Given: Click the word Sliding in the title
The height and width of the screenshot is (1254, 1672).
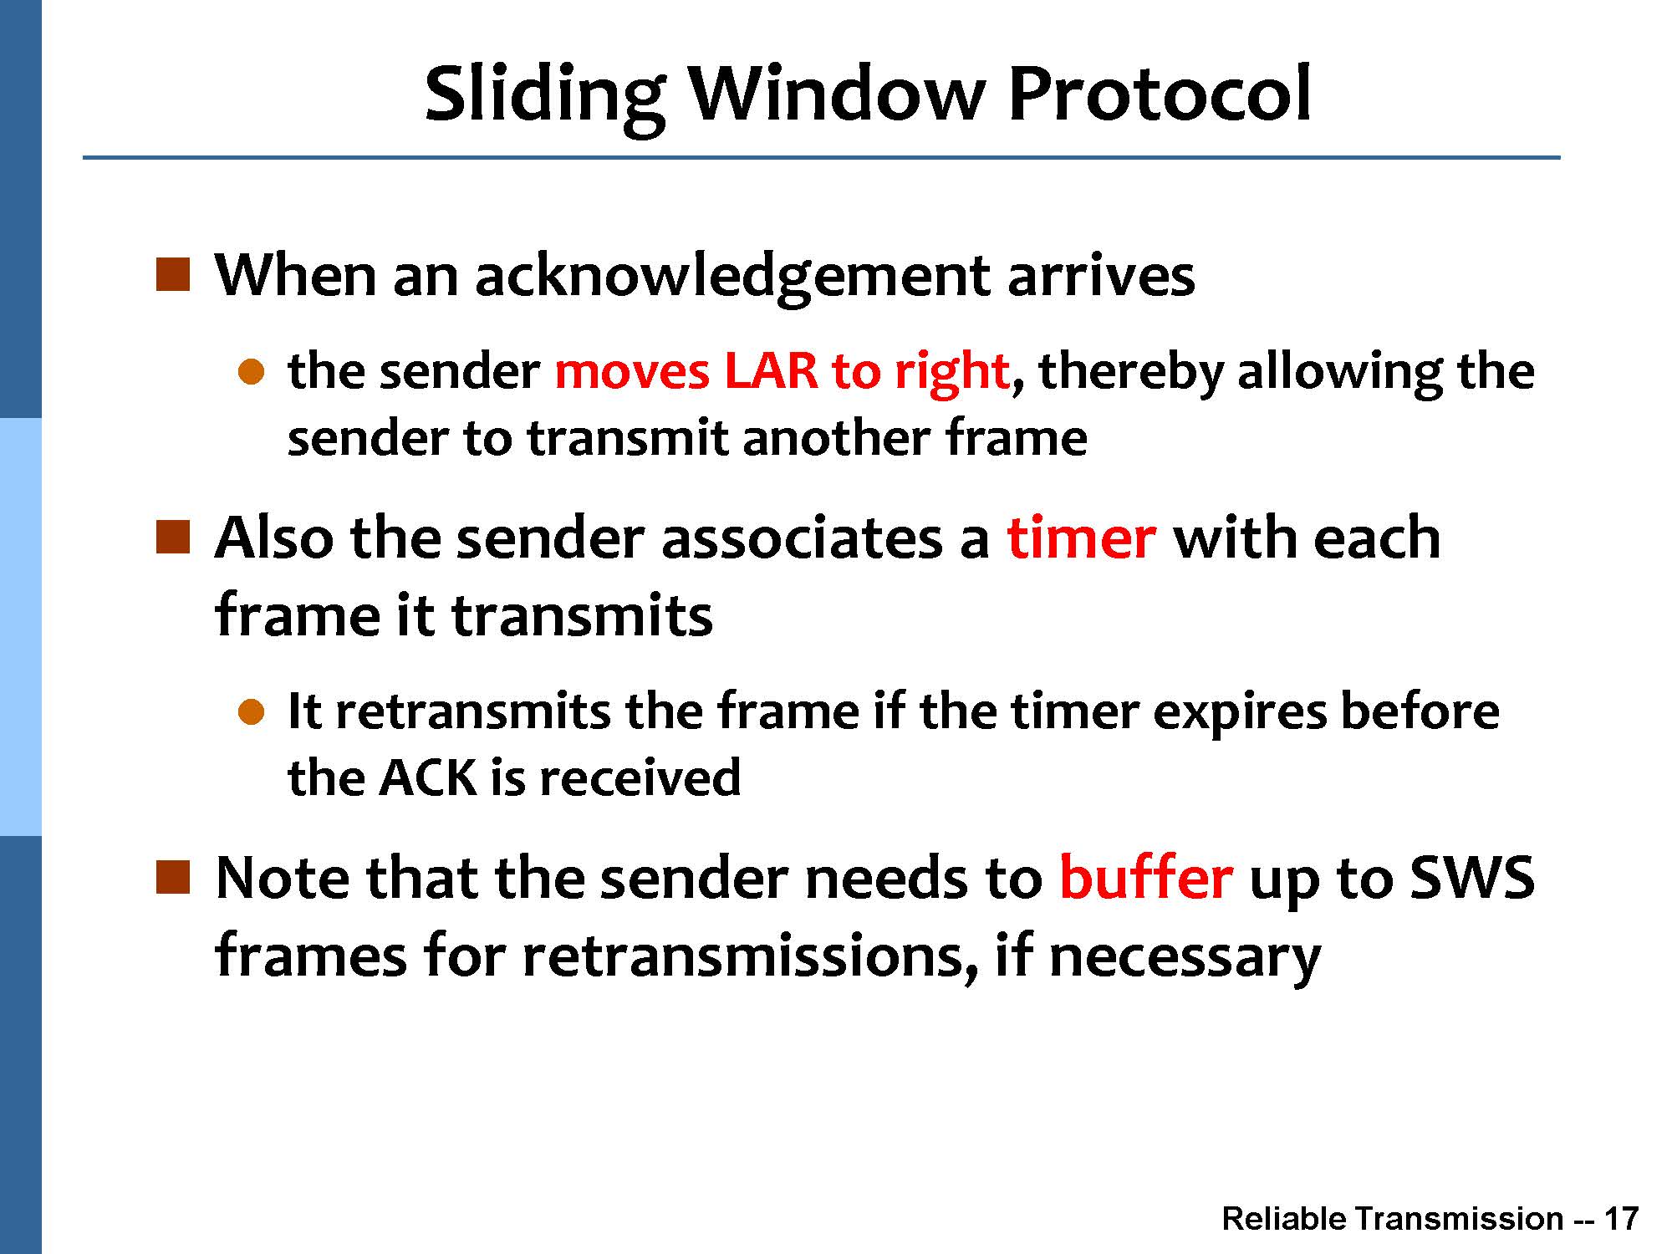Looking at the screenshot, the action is pyautogui.click(x=544, y=96).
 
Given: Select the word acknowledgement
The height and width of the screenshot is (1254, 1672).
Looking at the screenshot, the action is pyautogui.click(x=732, y=277).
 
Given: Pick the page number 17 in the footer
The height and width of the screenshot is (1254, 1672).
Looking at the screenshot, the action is pyautogui.click(x=1621, y=1218).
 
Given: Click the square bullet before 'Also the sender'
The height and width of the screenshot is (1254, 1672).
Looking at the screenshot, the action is pyautogui.click(x=173, y=537).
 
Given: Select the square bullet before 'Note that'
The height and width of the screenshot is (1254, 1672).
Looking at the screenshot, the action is pyautogui.click(x=173, y=877).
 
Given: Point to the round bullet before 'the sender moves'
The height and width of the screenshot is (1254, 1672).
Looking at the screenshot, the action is pyautogui.click(x=251, y=372).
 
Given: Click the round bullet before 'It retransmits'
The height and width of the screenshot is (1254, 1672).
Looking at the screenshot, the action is pyautogui.click(x=251, y=712).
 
